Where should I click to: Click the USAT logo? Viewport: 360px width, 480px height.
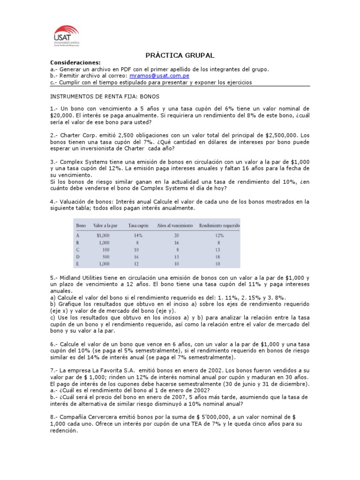66,36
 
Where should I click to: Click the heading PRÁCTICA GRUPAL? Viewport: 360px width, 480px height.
180,55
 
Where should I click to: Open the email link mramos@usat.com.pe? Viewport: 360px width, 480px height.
159,75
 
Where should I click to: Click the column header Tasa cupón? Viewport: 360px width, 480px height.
138,225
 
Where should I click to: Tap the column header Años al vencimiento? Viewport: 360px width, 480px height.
175,225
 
